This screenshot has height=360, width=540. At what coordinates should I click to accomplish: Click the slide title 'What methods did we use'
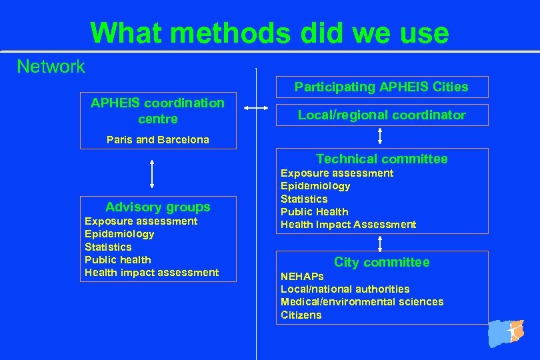coord(269,32)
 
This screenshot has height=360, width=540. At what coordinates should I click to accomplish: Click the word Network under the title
coord(51,66)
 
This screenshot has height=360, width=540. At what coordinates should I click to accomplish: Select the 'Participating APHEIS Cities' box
coord(381,87)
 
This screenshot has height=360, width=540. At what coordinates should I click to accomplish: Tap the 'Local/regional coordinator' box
coord(381,115)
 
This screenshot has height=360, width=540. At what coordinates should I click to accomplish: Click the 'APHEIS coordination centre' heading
coord(157,111)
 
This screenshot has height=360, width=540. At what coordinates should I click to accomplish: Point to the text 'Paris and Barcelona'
coord(158,139)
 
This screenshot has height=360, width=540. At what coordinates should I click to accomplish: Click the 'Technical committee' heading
coord(381,159)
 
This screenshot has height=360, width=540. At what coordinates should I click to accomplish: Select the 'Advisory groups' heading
coord(157,207)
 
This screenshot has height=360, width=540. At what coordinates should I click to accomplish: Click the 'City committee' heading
coord(381,262)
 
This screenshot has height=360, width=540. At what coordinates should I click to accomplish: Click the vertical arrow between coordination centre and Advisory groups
coord(153,174)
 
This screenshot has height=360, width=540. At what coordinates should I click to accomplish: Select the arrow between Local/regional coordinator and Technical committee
coord(380,135)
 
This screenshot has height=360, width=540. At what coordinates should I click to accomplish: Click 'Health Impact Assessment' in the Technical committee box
coord(348,225)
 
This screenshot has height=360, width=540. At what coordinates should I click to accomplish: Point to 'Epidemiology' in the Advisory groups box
coord(119,234)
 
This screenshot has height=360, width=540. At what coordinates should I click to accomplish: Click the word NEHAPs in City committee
coord(302,276)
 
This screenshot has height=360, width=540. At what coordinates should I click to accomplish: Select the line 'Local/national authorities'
coord(345,289)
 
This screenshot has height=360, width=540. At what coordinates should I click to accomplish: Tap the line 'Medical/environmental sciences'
coord(362,302)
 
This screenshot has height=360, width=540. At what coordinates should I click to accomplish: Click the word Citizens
coord(301,315)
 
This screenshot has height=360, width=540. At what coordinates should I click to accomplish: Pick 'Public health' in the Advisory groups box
coord(118,259)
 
